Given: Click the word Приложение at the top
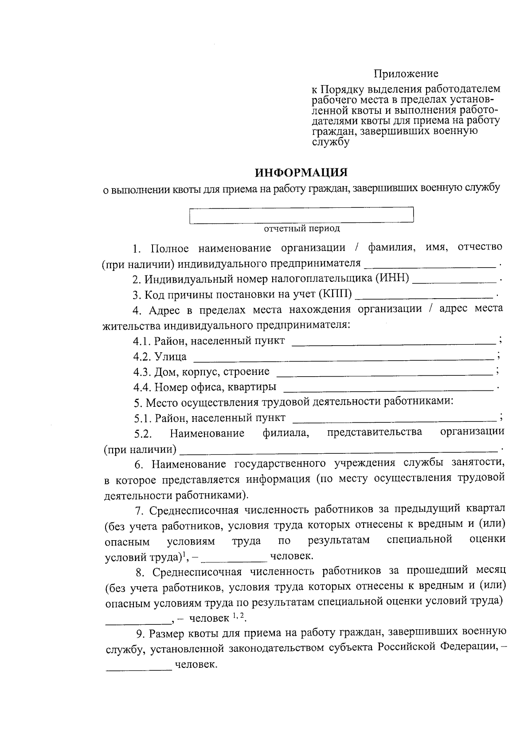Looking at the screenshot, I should point(406,74).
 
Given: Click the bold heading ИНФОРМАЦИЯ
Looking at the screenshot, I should point(301,172).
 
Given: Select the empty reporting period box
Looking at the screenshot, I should point(301,215).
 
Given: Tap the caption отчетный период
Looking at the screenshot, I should point(302,229).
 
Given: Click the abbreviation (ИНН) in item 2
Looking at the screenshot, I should point(392,279).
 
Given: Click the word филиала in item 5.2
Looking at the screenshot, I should point(286,433).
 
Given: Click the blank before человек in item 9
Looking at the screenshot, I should point(138,666).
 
